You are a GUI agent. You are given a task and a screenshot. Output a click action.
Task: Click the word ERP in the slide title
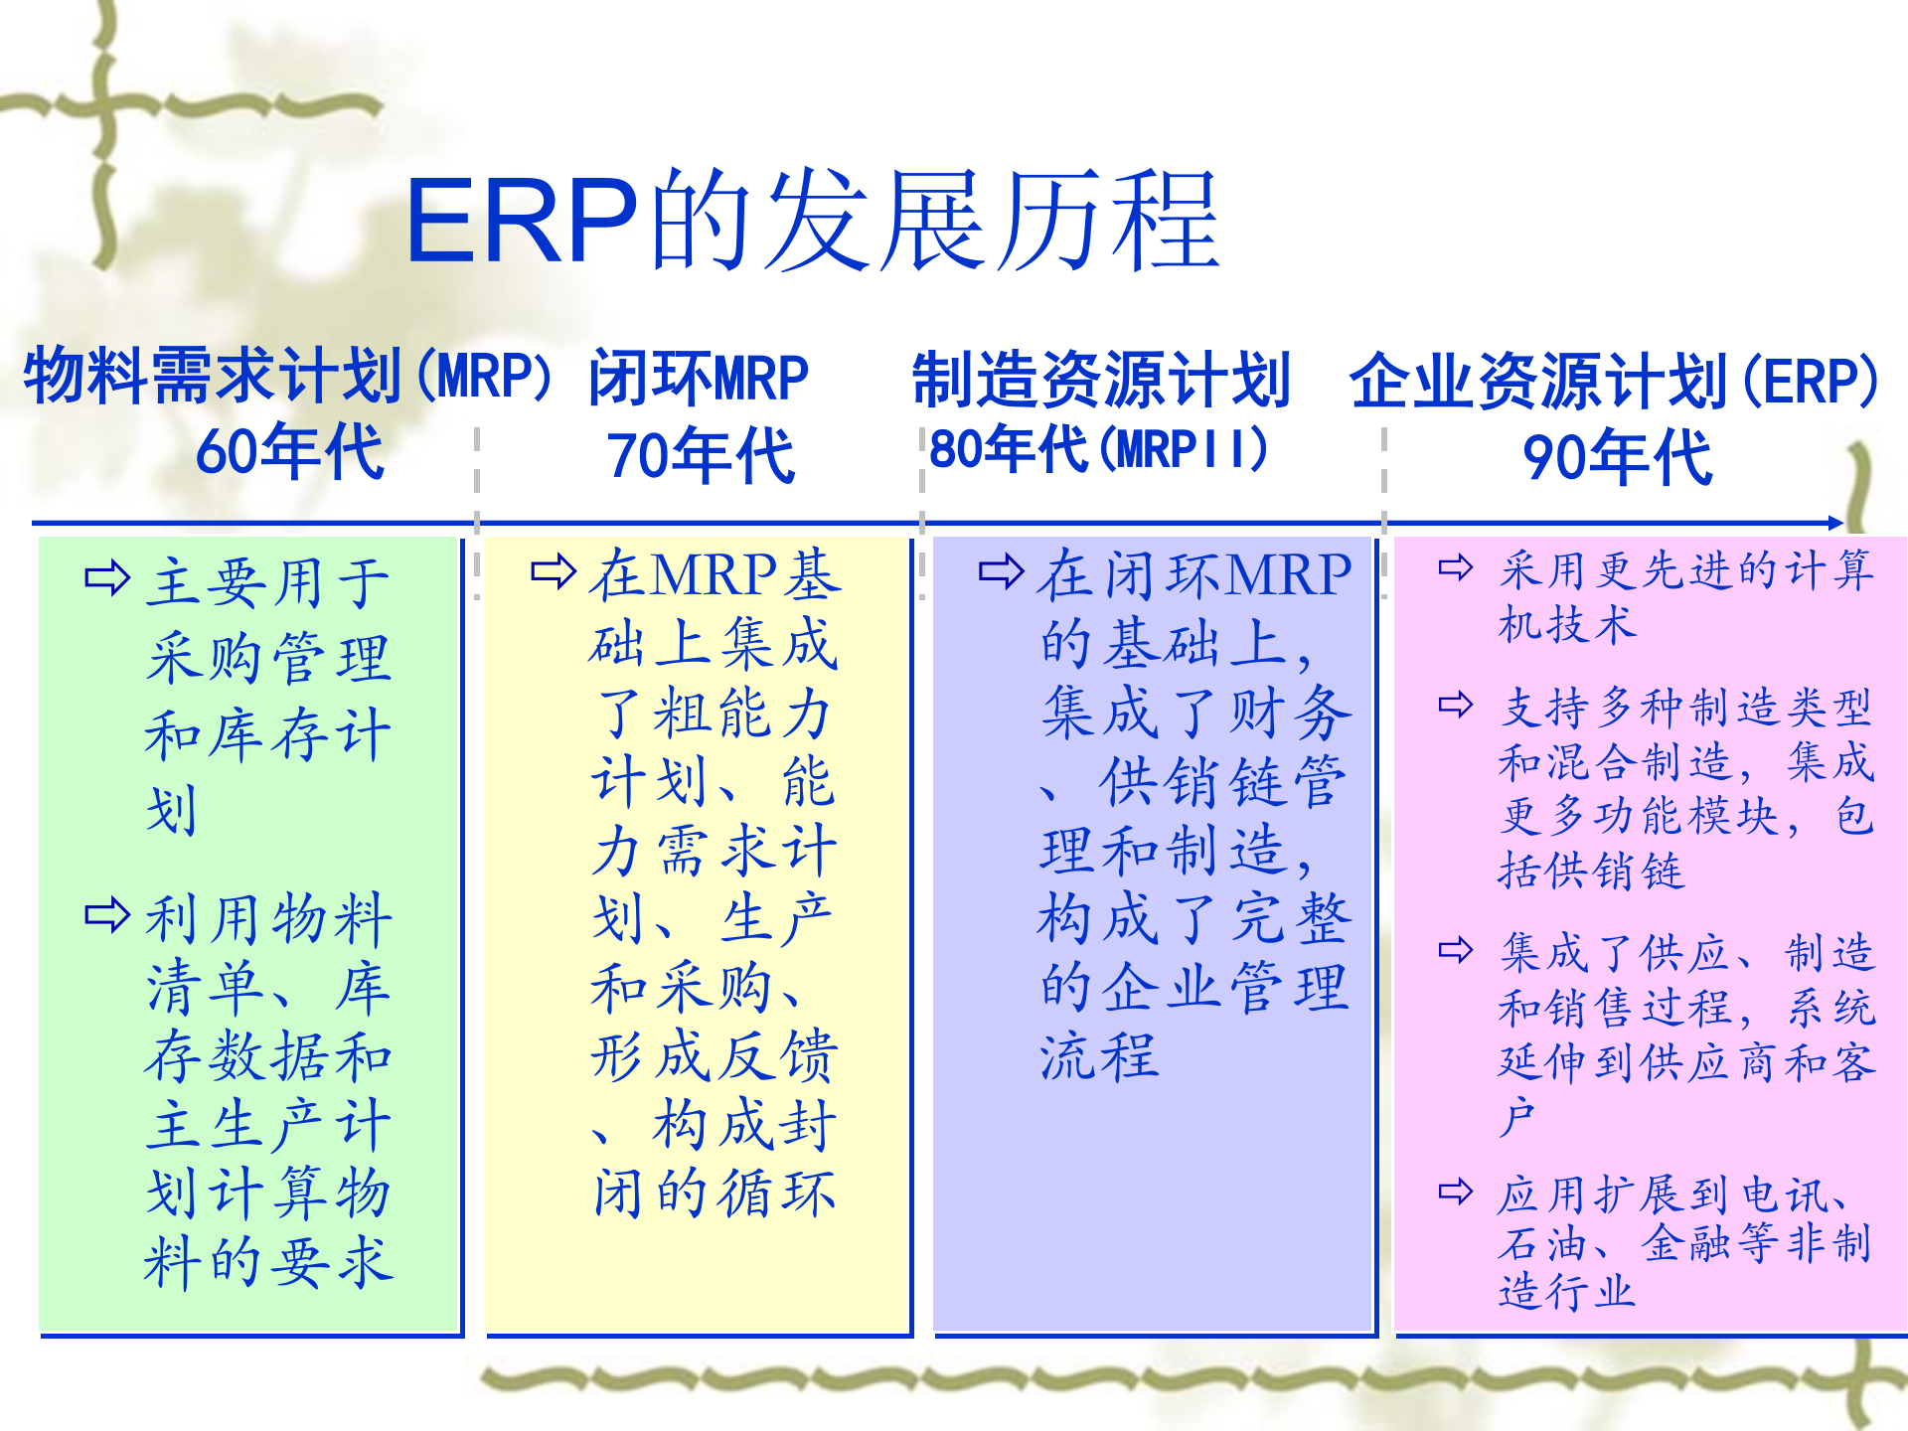coord(522,221)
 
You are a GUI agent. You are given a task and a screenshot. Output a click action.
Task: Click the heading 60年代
coord(289,452)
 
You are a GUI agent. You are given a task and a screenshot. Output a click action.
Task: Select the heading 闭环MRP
coord(699,379)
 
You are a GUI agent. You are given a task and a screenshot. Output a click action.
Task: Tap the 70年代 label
coord(701,456)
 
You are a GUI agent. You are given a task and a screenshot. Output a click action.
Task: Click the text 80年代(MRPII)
coord(1099,449)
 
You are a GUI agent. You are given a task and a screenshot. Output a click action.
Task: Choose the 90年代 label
coord(1618,457)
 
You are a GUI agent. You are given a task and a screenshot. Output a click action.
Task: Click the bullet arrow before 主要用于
coord(107,577)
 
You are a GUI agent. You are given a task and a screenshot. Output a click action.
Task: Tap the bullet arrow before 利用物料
coord(107,915)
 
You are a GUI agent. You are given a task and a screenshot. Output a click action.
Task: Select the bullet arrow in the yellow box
coord(554,571)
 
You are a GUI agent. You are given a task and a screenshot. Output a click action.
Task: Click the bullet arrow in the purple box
coord(1001,571)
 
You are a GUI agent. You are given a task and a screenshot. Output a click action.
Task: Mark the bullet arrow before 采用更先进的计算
coord(1456,567)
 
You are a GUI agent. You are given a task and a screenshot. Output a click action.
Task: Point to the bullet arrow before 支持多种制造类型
coord(1456,705)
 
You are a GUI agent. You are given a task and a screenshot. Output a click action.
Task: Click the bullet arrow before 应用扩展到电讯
coord(1456,1191)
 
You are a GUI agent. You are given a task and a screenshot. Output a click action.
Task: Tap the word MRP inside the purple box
coord(1289,575)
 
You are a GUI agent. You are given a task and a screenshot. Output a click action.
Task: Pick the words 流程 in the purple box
coord(1099,1055)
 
